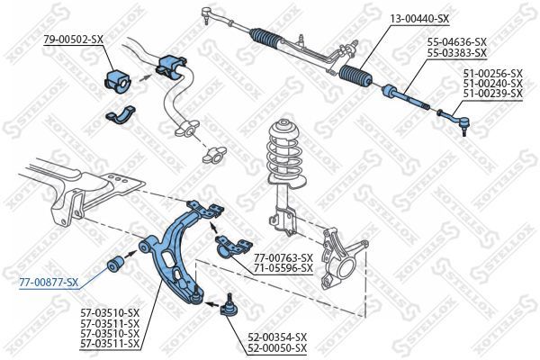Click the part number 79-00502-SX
(71, 39)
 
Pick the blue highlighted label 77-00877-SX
(49, 282)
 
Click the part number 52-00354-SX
(276, 337)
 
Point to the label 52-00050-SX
(276, 347)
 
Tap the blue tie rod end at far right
(454, 115)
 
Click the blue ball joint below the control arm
(228, 306)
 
